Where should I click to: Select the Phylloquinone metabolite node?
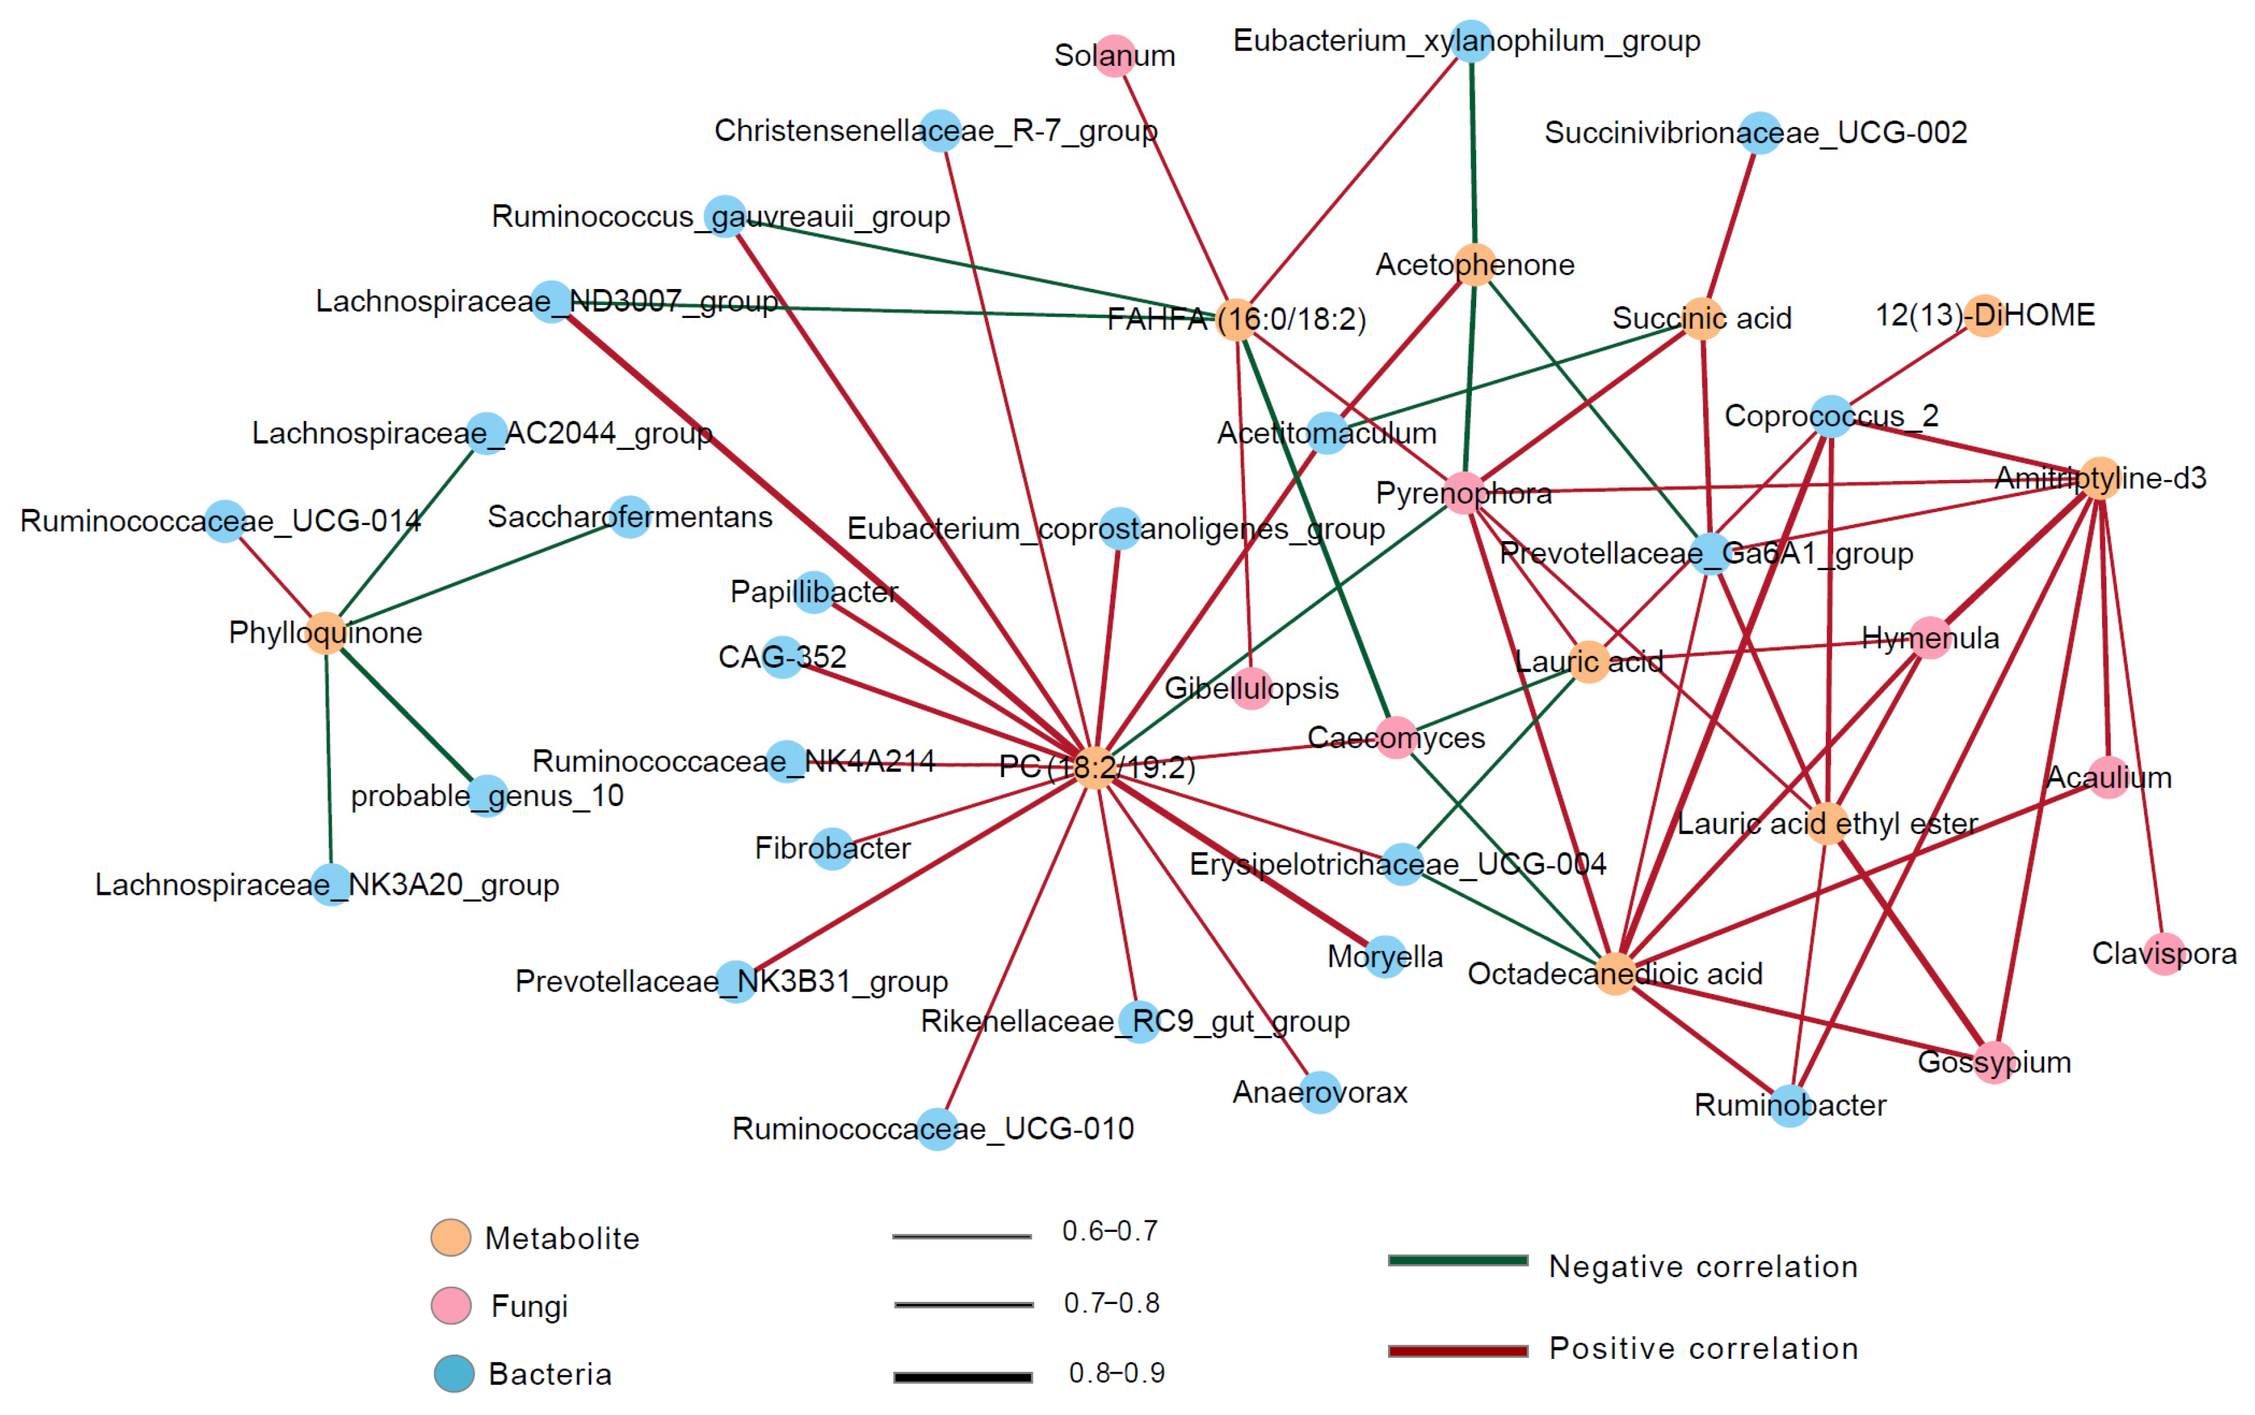point(326,633)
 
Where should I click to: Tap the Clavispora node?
point(2164,953)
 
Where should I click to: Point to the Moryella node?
point(1386,956)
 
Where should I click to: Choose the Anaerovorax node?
point(1320,1092)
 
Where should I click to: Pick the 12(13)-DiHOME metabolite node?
point(1984,316)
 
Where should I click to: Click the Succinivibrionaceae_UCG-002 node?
point(1760,133)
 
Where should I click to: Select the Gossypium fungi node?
point(1994,1062)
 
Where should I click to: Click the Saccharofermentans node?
point(630,516)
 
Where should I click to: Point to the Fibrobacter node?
point(832,849)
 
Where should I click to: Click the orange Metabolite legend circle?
point(450,1238)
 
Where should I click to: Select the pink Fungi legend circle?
point(450,1305)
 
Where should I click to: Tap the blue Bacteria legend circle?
point(454,1374)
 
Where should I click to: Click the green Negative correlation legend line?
point(1458,1260)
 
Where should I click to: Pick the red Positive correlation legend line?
point(1458,1350)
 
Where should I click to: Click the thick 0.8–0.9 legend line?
point(963,1377)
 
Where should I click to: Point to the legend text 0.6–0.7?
point(1109,1231)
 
